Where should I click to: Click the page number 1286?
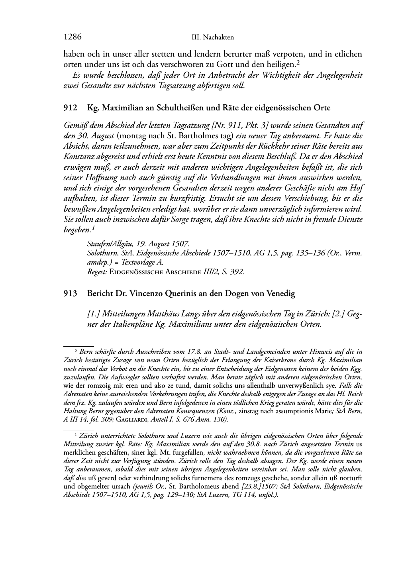pyautogui.click(x=73, y=37)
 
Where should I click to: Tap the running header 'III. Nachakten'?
pyautogui.click(x=212, y=37)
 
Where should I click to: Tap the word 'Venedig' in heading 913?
pyautogui.click(x=281, y=294)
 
